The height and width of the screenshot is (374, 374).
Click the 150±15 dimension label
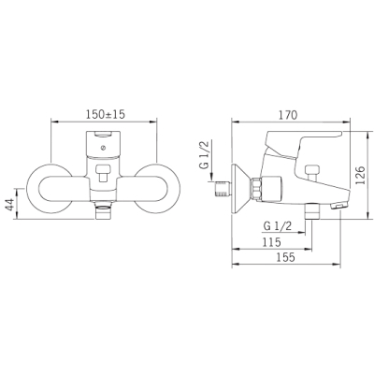105,115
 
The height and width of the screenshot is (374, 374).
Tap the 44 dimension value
11,204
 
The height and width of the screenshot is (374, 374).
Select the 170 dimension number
288,115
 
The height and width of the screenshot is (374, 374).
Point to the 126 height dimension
360,176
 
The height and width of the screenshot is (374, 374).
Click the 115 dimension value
271,242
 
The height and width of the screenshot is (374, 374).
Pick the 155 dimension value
285,257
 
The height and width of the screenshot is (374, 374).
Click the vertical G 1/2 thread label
205,156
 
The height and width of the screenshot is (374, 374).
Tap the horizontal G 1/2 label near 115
278,226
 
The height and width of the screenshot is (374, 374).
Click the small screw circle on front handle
103,148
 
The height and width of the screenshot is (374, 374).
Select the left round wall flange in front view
50,189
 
